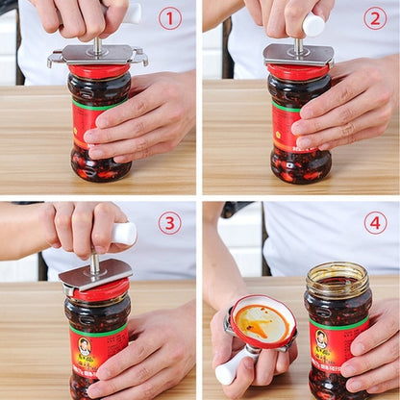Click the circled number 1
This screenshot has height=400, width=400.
click(x=169, y=18)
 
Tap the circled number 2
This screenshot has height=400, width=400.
click(x=375, y=18)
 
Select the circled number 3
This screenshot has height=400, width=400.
click(x=169, y=223)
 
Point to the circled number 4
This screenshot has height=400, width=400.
click(x=375, y=223)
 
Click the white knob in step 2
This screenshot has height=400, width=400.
click(x=313, y=24)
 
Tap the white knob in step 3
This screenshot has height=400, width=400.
click(x=124, y=234)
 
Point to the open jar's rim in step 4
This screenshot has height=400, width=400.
click(x=337, y=272)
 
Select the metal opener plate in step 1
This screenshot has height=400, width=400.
click(x=97, y=56)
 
